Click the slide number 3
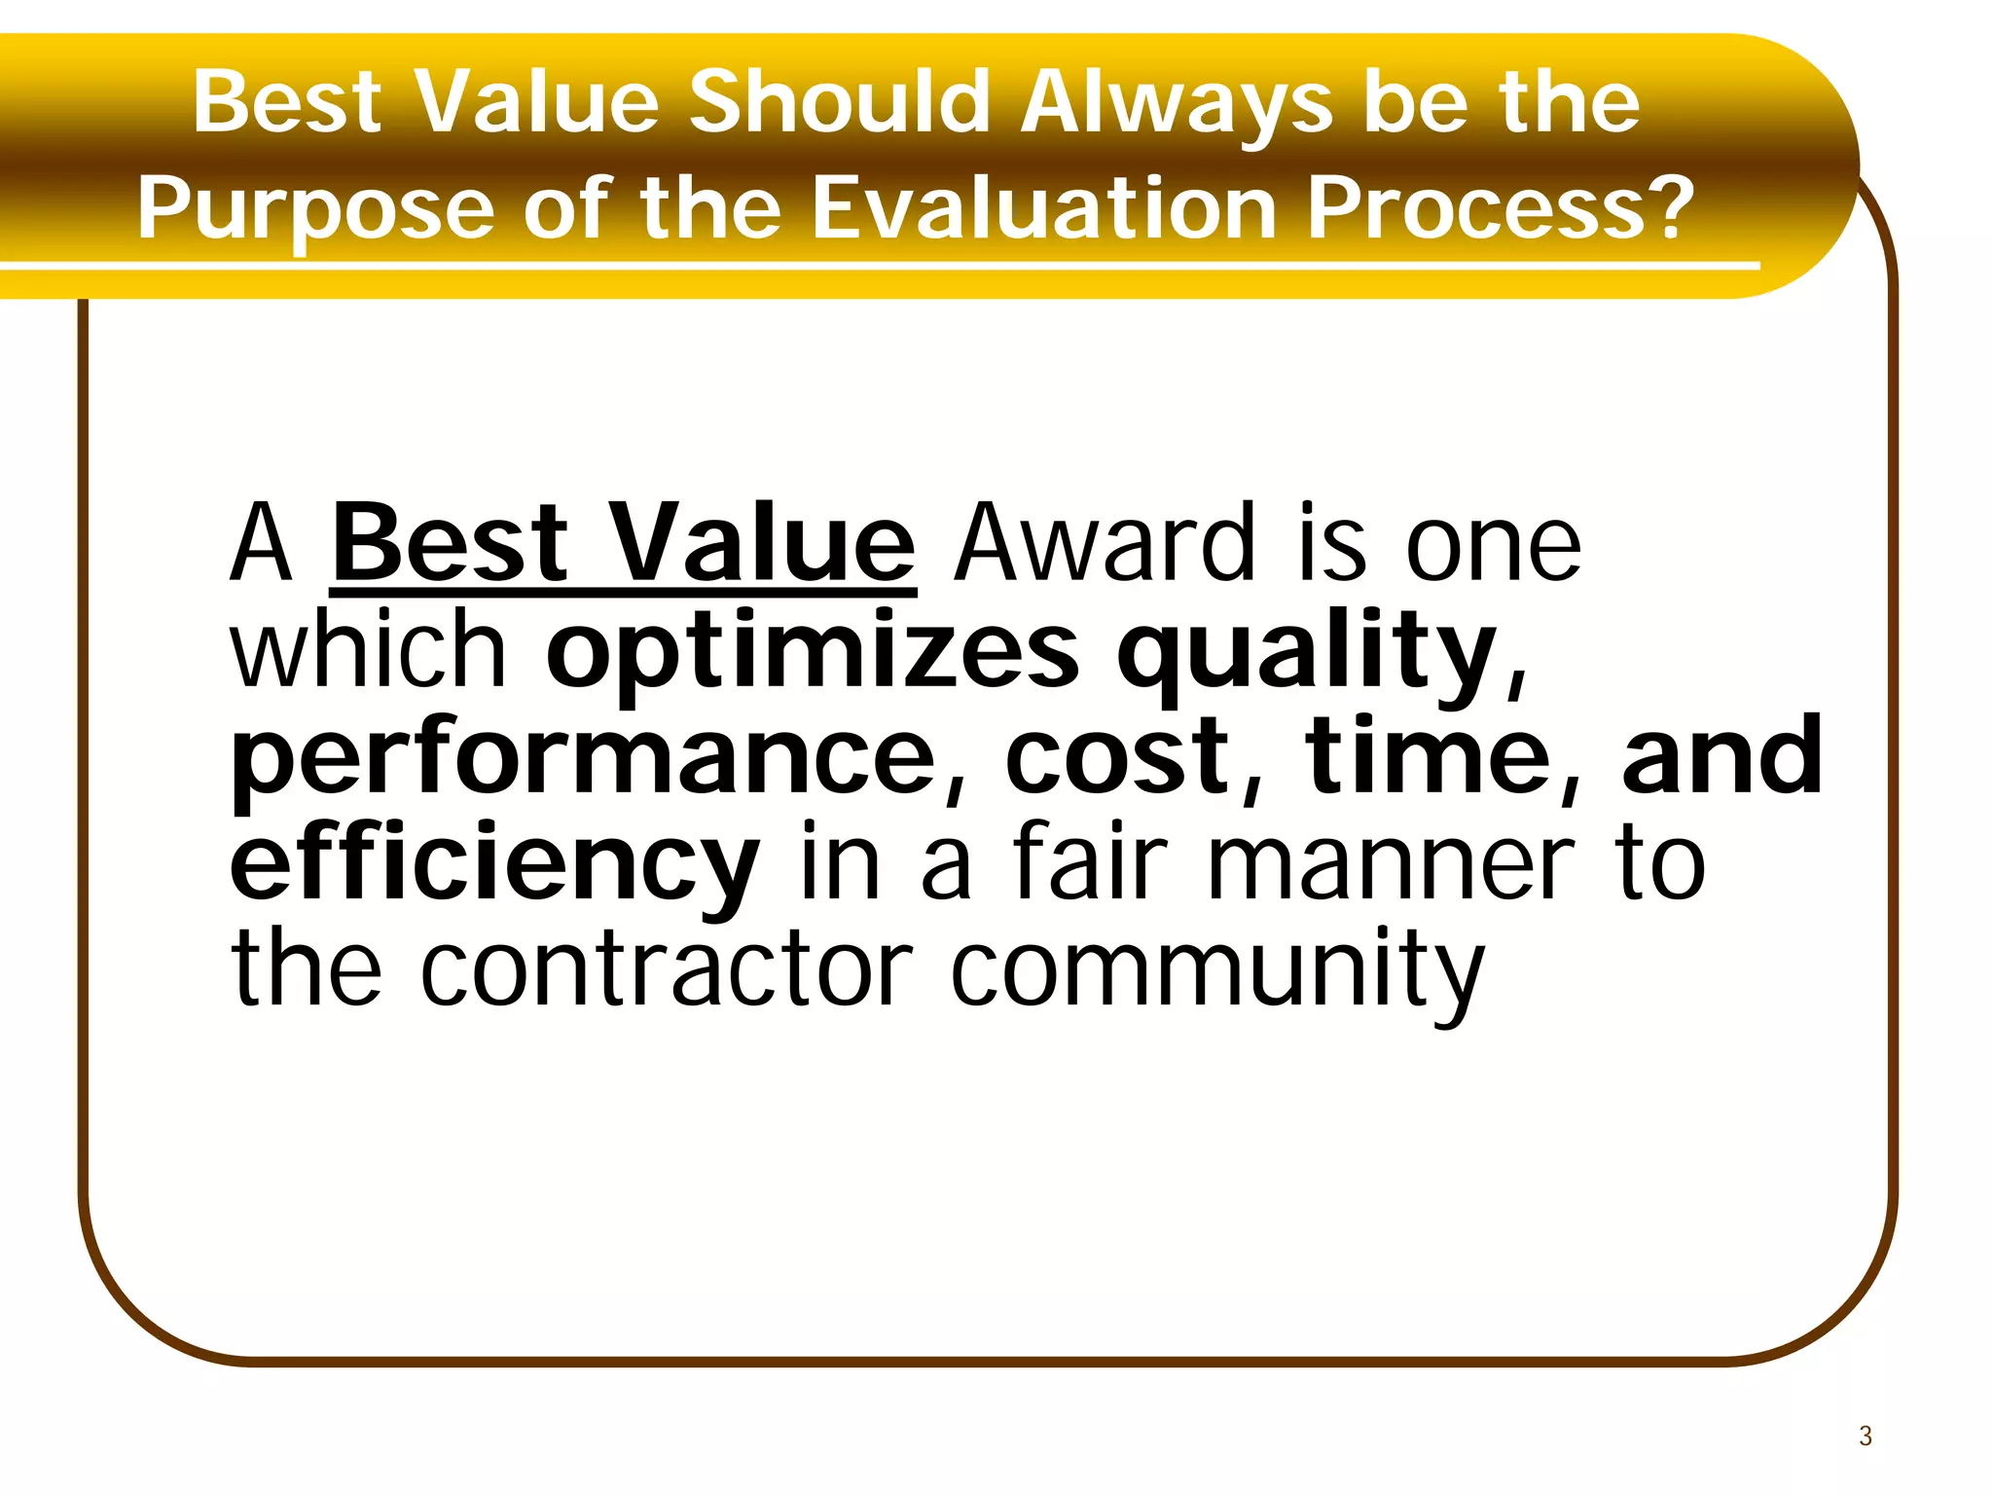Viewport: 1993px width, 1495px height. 1865,1437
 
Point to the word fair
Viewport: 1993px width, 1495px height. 1089,861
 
